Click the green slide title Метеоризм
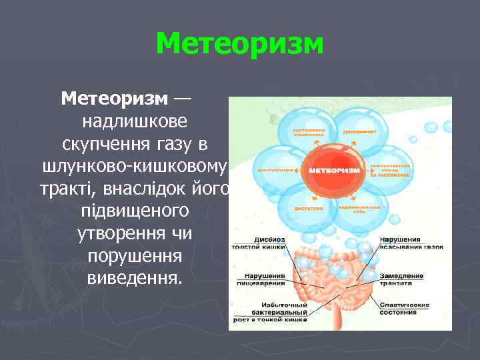(239, 45)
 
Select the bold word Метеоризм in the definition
(115, 99)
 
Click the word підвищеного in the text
(134, 211)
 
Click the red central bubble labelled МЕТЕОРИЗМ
(333, 171)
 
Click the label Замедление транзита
(402, 279)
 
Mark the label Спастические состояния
(405, 309)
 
